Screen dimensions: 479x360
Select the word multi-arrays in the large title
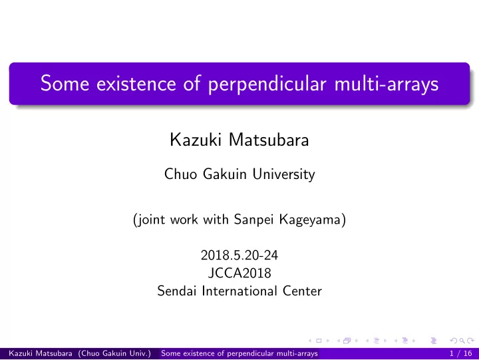tap(387, 84)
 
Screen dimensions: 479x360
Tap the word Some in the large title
tap(65, 83)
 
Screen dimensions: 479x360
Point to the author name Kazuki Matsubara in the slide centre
tap(239, 140)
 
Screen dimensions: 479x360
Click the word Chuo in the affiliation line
tap(180, 174)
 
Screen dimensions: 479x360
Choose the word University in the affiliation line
tap(284, 174)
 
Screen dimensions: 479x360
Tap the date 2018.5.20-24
tap(239, 255)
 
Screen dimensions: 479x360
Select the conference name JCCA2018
tap(239, 273)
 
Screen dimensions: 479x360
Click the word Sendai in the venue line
tap(176, 291)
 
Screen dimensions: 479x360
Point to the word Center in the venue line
tap(302, 291)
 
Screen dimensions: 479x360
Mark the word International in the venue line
tap(239, 291)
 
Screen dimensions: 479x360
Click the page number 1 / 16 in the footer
tap(460, 353)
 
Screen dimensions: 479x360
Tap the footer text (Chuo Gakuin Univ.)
tap(114, 353)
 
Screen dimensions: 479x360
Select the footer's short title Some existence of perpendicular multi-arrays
tap(239, 353)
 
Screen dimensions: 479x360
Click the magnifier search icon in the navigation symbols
tap(462, 341)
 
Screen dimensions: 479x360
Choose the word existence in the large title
tap(136, 84)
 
